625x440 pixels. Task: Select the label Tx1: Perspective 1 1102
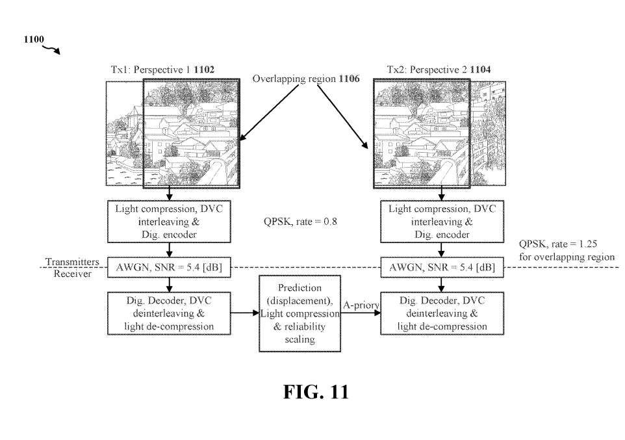coord(162,70)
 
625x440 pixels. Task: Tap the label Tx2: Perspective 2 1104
coord(434,70)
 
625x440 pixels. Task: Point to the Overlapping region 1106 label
coord(305,79)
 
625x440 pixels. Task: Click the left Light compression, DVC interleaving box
coord(169,222)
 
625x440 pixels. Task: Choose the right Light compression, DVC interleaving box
coord(442,222)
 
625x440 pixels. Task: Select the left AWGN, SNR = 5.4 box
coord(169,267)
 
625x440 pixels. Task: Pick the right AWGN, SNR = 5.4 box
coord(442,267)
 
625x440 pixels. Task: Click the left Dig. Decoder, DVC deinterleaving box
coord(169,313)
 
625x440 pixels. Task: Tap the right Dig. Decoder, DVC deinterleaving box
coord(442,313)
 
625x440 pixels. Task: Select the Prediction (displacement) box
coord(300,313)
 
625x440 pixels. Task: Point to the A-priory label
coord(361,304)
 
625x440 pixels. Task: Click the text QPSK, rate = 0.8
coord(300,222)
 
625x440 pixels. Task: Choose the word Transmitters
coord(72,262)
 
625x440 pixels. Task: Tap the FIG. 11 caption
coord(315,392)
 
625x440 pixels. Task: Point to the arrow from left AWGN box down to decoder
coord(169,284)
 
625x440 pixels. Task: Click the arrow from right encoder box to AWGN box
coord(442,249)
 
